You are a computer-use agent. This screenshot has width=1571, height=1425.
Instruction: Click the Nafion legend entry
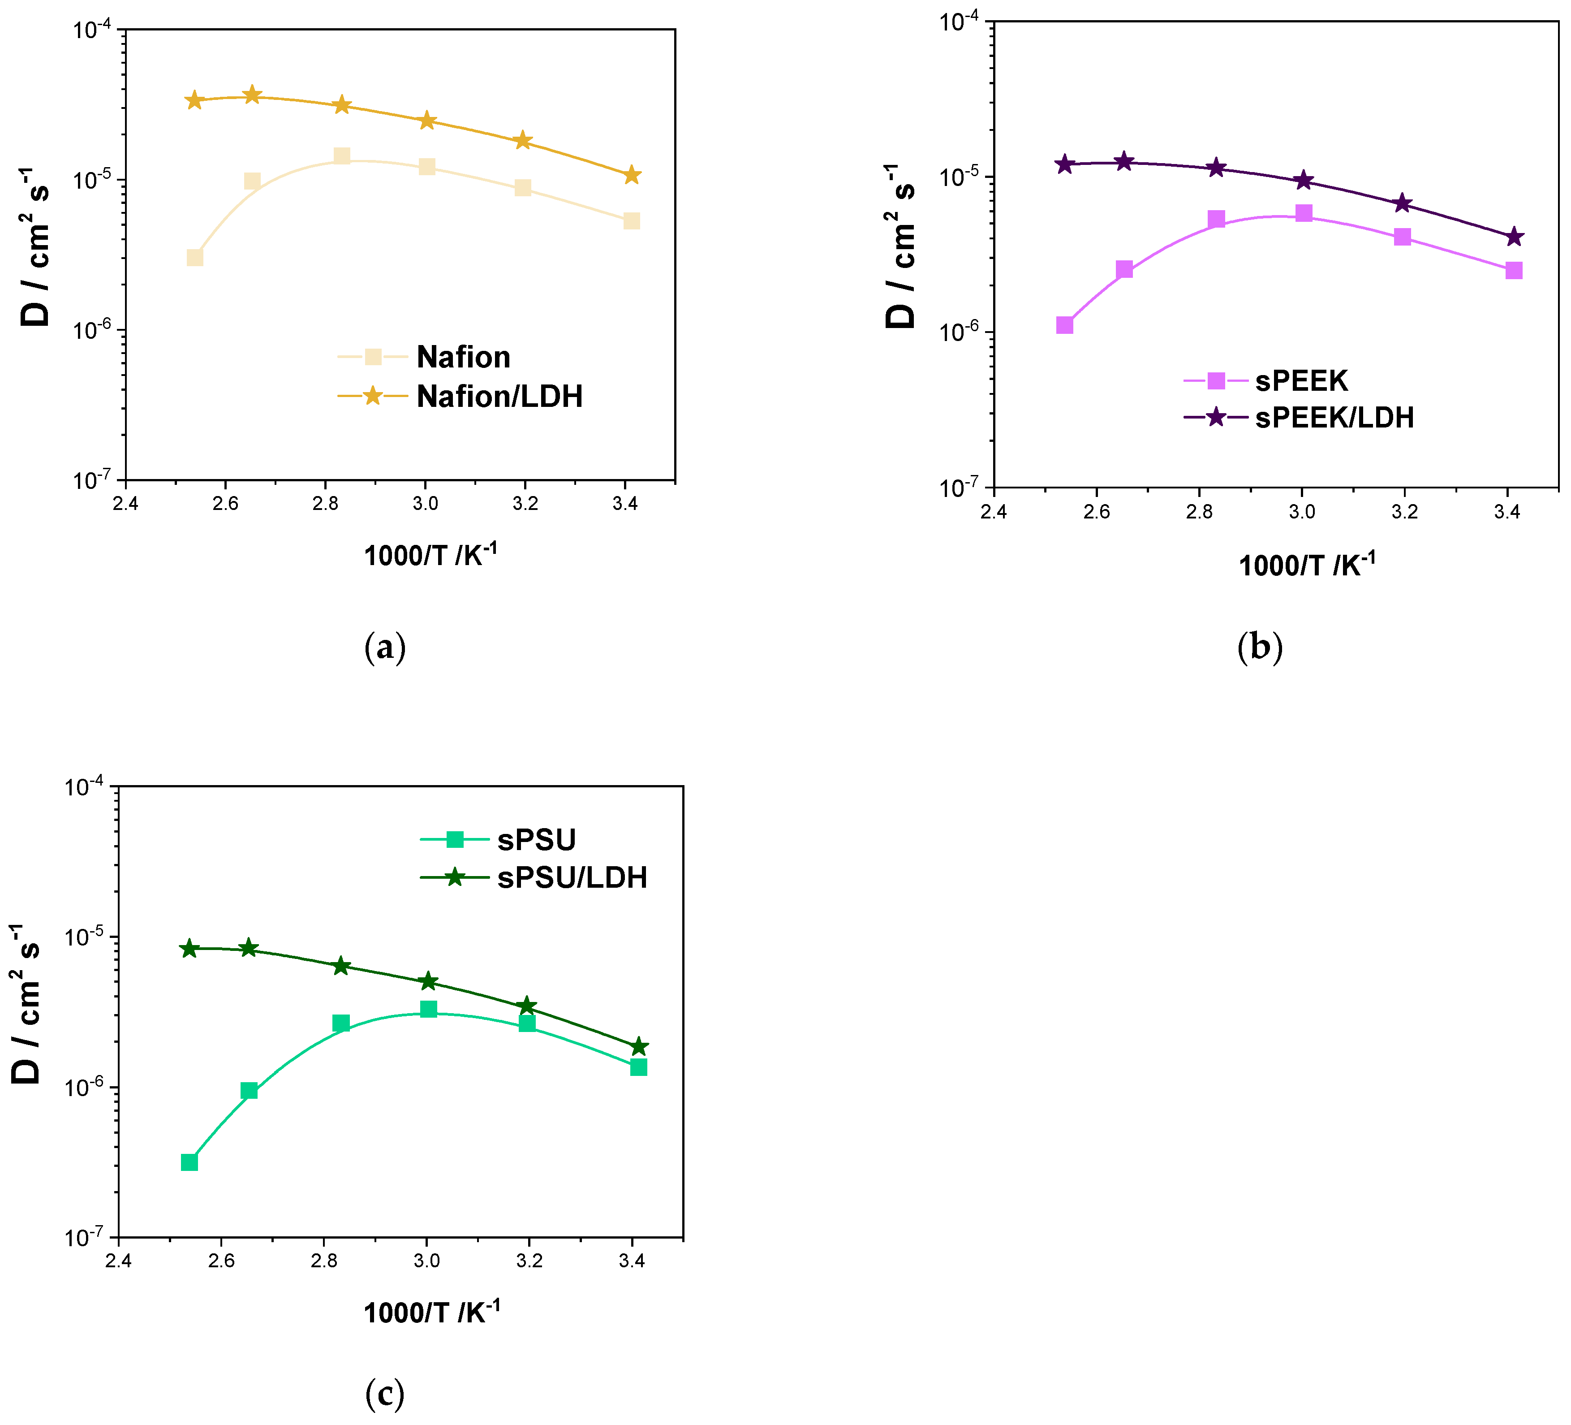click(463, 357)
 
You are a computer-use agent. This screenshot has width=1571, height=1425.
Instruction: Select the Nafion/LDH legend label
click(499, 397)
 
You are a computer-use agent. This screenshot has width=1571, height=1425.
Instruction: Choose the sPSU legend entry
click(536, 840)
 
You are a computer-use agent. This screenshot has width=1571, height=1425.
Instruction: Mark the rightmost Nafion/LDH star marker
click(632, 175)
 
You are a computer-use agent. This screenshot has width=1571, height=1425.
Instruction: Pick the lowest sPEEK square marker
click(1064, 325)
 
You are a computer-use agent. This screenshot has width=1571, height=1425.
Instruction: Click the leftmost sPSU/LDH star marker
click(189, 949)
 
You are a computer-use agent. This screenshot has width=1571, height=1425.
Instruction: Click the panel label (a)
click(385, 648)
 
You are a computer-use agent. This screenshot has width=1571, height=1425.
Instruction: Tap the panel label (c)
click(385, 1394)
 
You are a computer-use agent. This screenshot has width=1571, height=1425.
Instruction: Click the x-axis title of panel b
click(1307, 564)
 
